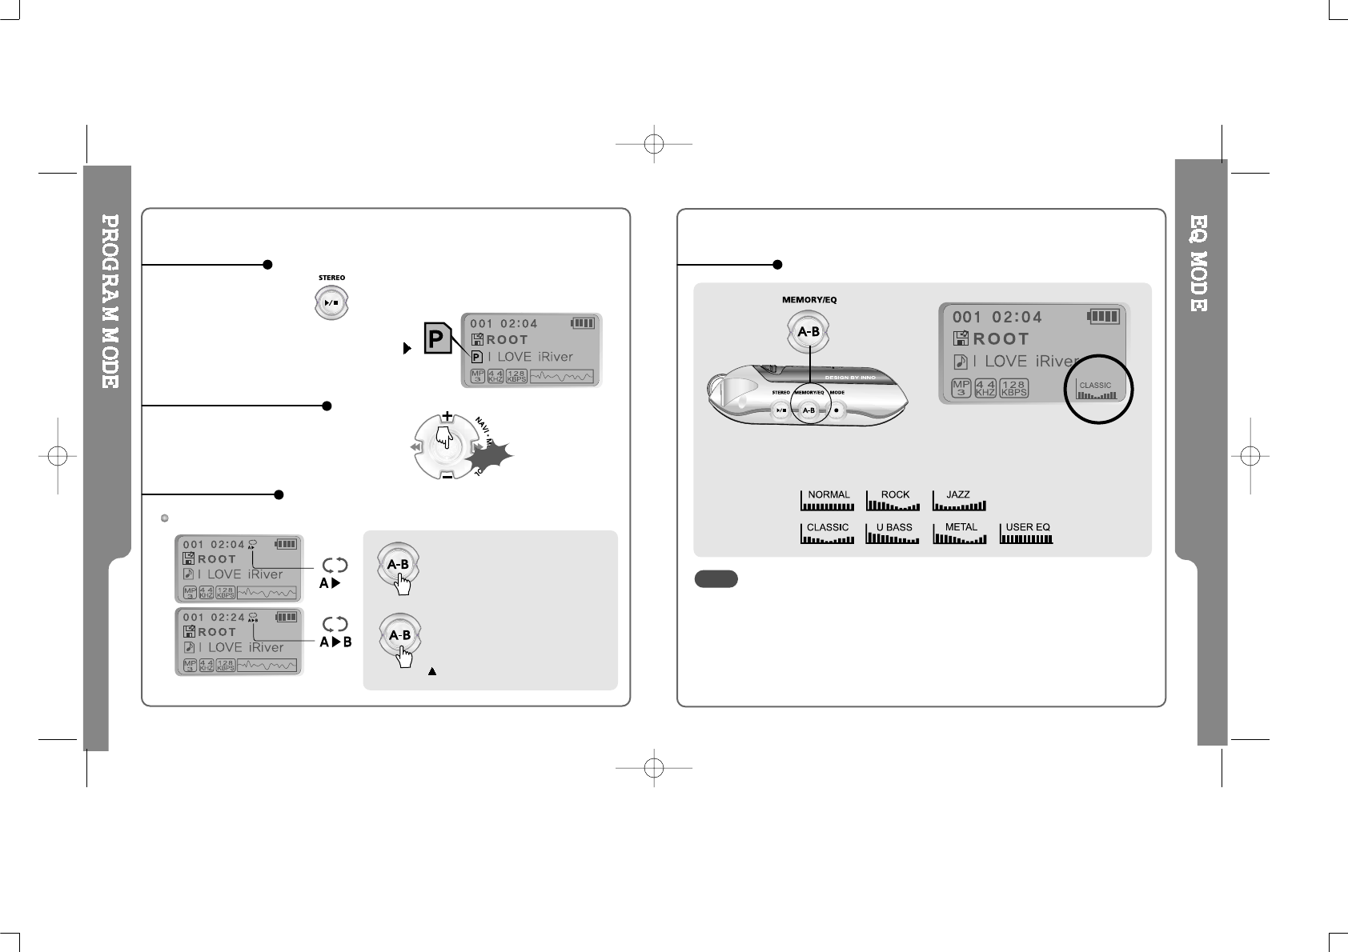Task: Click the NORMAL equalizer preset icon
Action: pos(828,500)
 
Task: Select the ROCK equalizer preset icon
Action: pos(893,500)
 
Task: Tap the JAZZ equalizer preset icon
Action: pos(959,500)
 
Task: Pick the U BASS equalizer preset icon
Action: pos(893,533)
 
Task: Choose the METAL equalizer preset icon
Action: pos(960,533)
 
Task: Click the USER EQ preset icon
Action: pos(1026,533)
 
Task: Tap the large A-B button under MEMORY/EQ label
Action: pos(809,332)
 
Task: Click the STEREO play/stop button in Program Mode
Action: pos(331,303)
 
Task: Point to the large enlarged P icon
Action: pos(437,339)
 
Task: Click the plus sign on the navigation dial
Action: pos(447,417)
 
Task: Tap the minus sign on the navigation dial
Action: pos(447,475)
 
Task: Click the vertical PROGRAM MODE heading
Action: pos(110,301)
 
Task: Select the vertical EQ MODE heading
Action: pos(1198,263)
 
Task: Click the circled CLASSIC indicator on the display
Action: pos(1097,389)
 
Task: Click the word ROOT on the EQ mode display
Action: pos(1001,339)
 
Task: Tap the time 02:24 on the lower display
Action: pos(227,617)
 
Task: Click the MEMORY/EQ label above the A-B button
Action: pos(809,300)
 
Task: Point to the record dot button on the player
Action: pos(836,410)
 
